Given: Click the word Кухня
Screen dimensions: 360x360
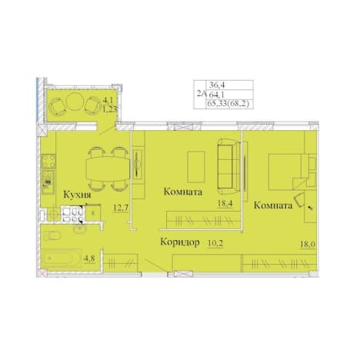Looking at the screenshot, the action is [77, 195].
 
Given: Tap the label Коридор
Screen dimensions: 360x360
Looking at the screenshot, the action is [180, 242].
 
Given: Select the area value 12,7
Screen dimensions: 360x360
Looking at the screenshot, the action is [121, 208].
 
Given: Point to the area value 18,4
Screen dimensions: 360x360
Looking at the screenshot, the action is [225, 204].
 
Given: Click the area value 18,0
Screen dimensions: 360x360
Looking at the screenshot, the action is [308, 245].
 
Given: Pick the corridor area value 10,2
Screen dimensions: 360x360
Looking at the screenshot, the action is [215, 243].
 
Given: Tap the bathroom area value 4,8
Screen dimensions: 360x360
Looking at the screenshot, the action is [89, 258].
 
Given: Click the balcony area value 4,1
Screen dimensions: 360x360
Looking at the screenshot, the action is [108, 100].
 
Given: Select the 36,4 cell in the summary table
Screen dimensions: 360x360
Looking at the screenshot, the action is [217, 85].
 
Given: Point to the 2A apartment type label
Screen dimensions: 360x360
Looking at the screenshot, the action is [202, 94].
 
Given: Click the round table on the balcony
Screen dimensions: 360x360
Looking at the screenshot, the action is [75, 102].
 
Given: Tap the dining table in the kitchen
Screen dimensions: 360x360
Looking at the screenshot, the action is [108, 169].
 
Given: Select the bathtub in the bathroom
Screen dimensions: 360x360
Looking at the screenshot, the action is [62, 258].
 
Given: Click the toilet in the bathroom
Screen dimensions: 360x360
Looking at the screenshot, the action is [52, 235].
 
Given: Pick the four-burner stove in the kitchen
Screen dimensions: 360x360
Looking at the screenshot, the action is [48, 161].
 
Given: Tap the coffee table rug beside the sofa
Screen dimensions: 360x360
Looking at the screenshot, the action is [196, 167].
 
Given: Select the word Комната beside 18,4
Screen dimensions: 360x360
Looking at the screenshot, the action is [183, 192].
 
